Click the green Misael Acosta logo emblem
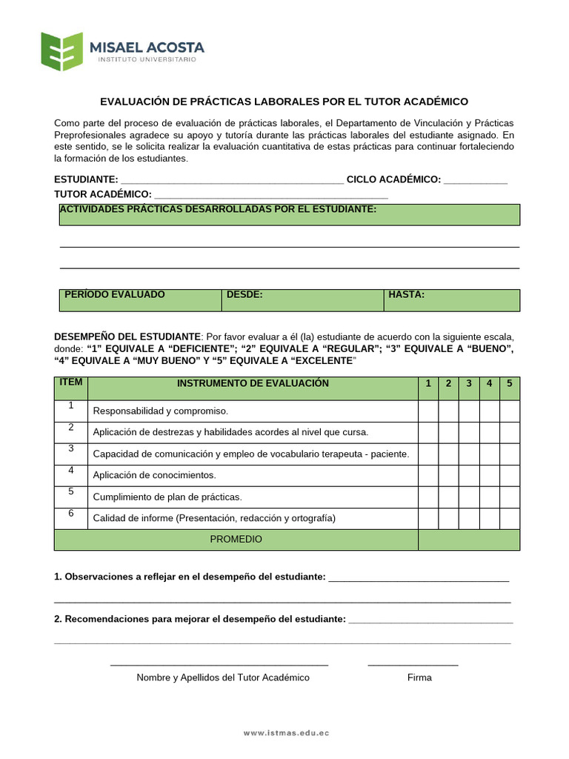tap(61, 51)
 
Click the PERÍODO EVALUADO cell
tap(140, 299)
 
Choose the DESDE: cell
tap(302, 299)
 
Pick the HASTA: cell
tap(451, 299)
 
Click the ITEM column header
tap(71, 388)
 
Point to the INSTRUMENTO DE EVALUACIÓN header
tap(253, 384)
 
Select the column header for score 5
tap(510, 384)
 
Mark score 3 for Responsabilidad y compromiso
tap(469, 411)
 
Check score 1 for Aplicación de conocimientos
tap(428, 475)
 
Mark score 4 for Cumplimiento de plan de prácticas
tap(490, 497)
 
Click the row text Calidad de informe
tap(214, 518)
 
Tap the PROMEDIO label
tap(236, 540)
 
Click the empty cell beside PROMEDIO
tap(469, 540)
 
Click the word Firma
tap(419, 677)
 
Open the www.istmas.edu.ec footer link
tap(287, 733)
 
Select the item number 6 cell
tap(71, 517)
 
